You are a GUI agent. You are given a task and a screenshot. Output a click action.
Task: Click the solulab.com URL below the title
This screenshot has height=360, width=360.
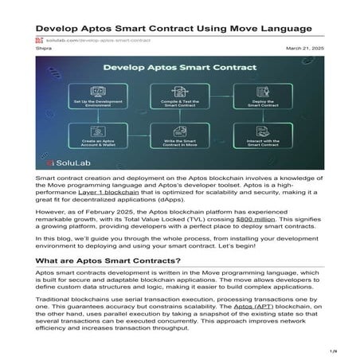coord(88,40)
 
